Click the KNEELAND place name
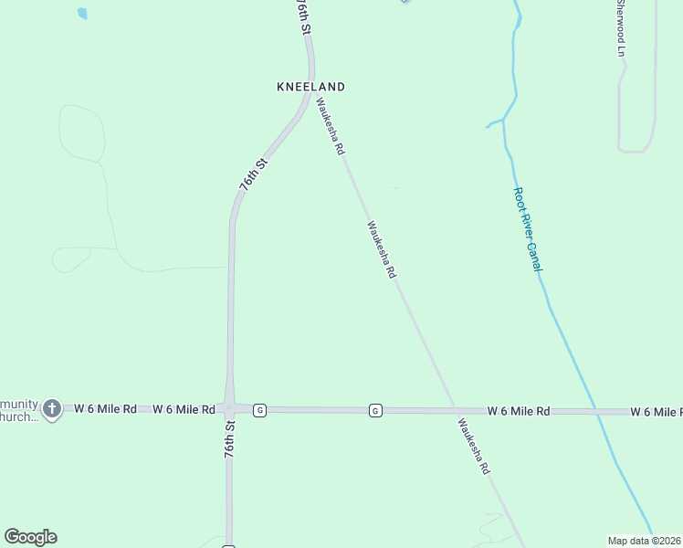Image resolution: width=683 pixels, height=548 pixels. (310, 87)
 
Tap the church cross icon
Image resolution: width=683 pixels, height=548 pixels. (52, 408)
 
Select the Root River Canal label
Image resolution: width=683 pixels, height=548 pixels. (528, 229)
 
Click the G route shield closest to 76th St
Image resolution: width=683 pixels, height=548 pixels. (260, 410)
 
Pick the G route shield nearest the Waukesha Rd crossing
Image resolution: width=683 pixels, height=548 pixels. (375, 411)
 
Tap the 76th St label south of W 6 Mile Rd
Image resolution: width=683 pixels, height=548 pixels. (230, 438)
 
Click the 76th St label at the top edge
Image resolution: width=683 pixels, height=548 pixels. (304, 17)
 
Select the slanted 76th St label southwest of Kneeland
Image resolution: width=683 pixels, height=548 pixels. (253, 174)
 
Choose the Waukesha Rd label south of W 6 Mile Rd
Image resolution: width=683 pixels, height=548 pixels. (474, 446)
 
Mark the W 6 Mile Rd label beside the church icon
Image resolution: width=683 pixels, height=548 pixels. (105, 408)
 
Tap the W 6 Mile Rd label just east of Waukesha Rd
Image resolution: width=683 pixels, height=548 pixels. (518, 412)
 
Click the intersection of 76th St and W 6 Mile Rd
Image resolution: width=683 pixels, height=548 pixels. (228, 408)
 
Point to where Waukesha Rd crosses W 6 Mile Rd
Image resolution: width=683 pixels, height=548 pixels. (453, 410)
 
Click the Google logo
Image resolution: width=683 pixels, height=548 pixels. (30, 537)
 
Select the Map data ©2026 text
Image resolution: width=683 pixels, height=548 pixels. (645, 541)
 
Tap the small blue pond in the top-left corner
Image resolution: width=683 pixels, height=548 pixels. (83, 14)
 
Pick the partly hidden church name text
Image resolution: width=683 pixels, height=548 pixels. (20, 410)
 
